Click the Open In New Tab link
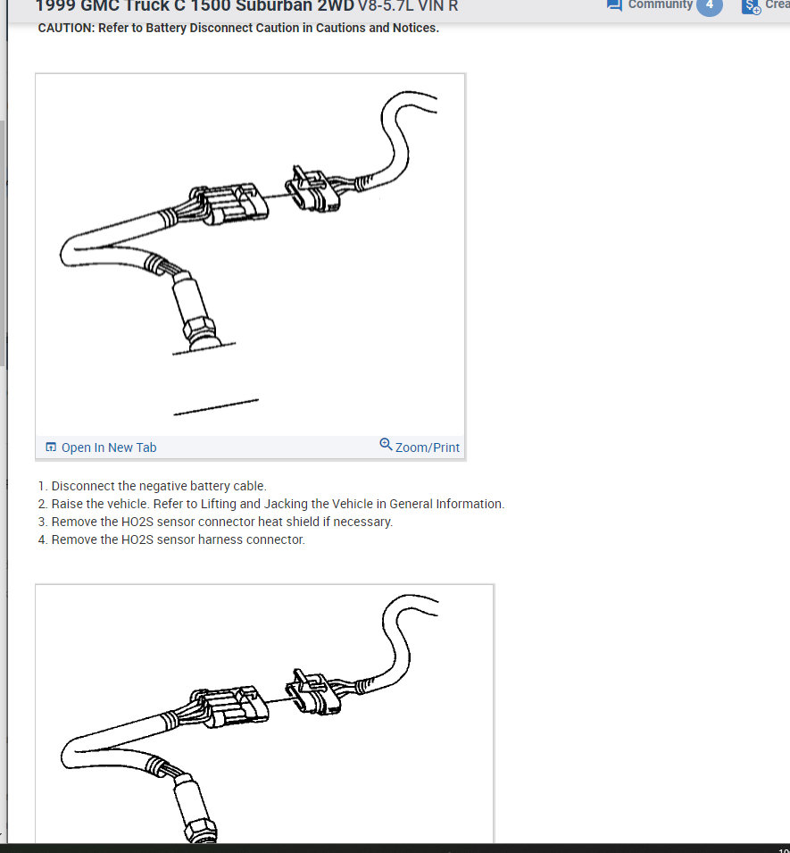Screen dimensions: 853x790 click(108, 447)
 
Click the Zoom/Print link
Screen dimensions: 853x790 click(427, 447)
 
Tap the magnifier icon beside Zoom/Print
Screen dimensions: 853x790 click(386, 445)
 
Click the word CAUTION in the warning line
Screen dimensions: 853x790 click(66, 28)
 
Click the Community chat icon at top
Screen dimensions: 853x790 click(614, 4)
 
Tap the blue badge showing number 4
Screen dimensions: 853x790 click(709, 5)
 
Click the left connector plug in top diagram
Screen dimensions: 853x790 click(229, 204)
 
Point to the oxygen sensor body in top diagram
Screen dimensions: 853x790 click(195, 313)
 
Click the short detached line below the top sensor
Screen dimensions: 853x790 click(216, 406)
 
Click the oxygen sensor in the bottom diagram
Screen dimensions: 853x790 click(195, 808)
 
